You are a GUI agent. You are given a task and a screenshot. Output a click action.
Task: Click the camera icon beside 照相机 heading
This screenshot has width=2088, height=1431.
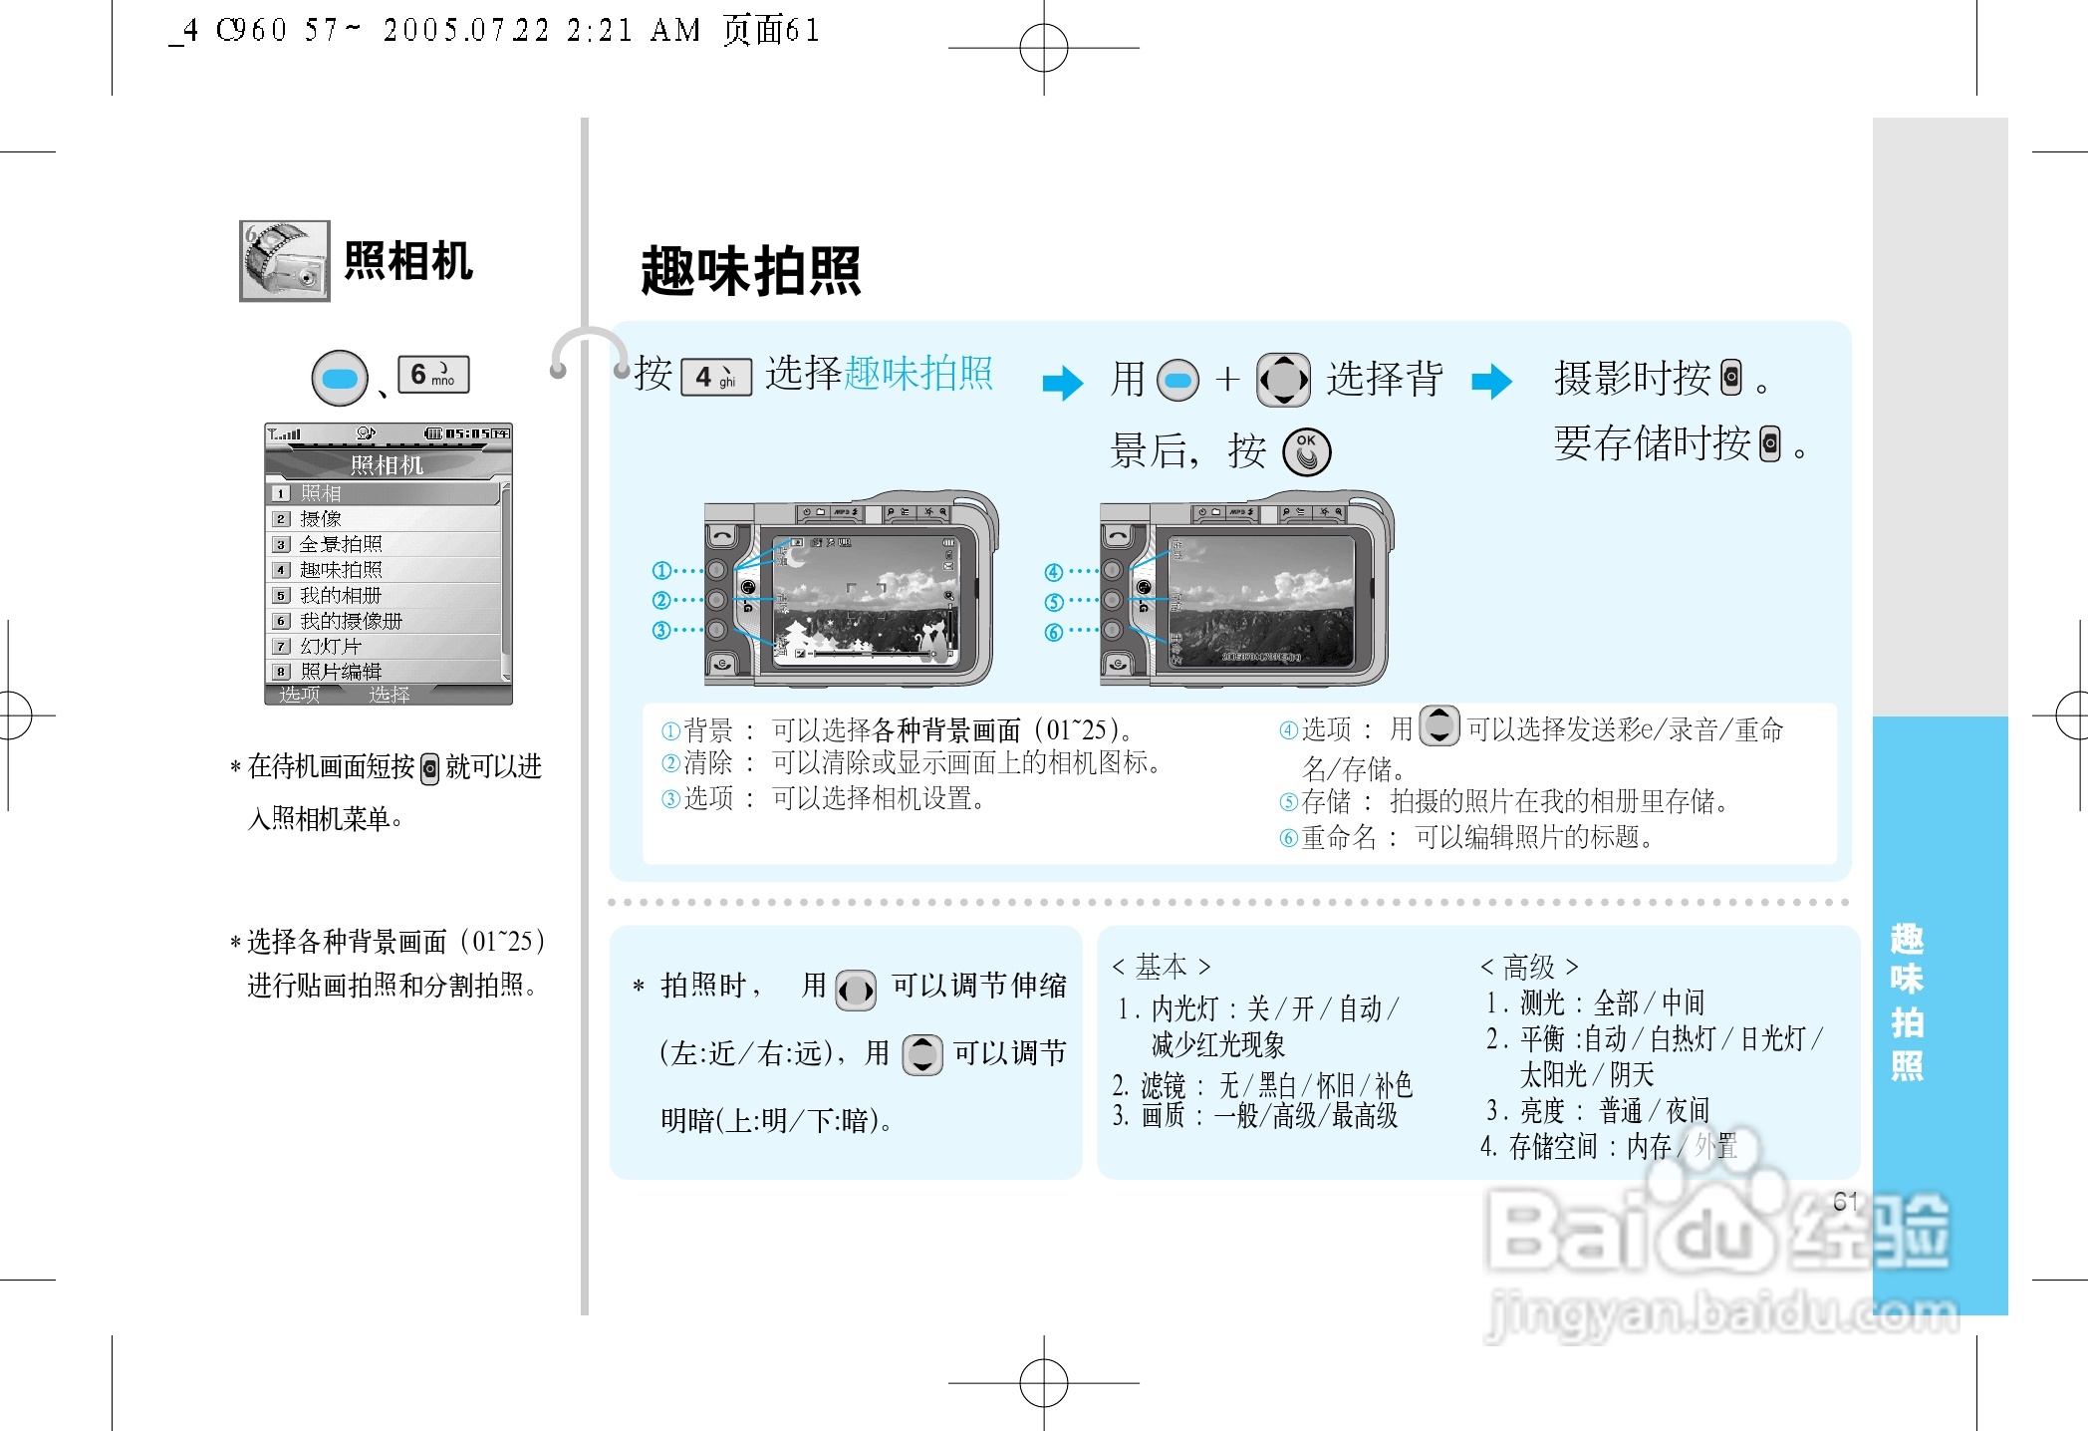(x=284, y=261)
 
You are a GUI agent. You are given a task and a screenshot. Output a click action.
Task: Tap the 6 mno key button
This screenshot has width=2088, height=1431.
(x=433, y=375)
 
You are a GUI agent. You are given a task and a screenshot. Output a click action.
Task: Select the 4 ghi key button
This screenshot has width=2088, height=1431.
(x=715, y=377)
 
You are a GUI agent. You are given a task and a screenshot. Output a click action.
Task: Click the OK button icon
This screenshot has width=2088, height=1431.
(x=1306, y=451)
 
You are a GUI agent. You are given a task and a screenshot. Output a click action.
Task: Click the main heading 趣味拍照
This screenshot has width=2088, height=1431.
(x=750, y=270)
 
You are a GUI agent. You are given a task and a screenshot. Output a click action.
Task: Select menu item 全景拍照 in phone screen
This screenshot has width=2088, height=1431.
(x=341, y=544)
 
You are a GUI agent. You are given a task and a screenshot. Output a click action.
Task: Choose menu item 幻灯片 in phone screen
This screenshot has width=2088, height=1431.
(x=331, y=646)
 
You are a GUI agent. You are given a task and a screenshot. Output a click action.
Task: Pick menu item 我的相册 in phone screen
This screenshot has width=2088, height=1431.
(x=341, y=595)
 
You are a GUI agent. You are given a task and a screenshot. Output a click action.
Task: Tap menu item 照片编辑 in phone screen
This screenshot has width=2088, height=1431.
(x=341, y=672)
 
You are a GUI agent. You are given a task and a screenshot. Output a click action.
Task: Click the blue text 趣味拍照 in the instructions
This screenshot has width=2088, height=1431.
(x=917, y=374)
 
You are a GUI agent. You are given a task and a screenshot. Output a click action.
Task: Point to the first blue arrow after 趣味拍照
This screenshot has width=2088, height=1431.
(x=1062, y=383)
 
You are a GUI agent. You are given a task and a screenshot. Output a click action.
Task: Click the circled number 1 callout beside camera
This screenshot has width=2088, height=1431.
(x=661, y=570)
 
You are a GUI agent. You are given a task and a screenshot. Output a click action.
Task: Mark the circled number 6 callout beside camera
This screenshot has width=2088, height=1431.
(x=1053, y=633)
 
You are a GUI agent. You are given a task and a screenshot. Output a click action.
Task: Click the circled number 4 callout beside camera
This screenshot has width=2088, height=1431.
(x=1053, y=572)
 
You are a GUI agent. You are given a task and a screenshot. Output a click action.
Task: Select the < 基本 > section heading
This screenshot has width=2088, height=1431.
(x=1161, y=967)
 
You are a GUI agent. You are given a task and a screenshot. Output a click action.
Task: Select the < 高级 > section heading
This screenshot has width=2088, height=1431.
(x=1528, y=967)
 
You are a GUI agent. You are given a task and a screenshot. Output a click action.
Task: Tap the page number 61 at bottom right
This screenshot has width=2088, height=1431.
(x=1845, y=1202)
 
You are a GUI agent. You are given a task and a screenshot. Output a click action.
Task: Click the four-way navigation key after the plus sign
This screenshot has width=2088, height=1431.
(x=1283, y=380)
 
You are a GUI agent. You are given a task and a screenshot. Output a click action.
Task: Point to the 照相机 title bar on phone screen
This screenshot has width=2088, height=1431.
(x=388, y=464)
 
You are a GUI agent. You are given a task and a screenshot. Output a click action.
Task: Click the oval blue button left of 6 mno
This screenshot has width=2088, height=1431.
(x=340, y=379)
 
